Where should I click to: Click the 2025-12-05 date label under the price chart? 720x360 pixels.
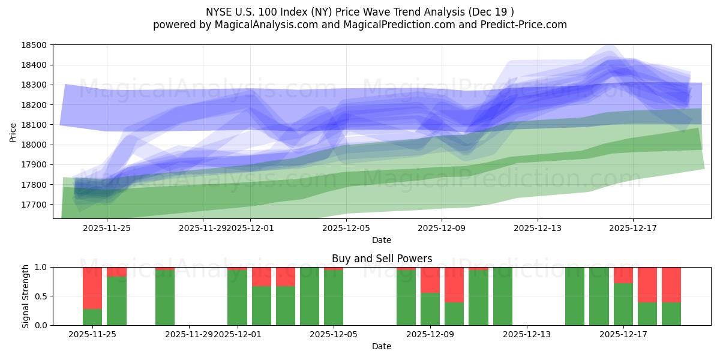pyautogui.click(x=346, y=228)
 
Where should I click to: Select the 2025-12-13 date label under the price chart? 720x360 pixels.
pyautogui.click(x=538, y=228)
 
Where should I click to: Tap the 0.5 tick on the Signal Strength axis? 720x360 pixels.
pyautogui.click(x=43, y=296)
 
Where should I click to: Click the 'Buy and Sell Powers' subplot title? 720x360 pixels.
pyautogui.click(x=382, y=259)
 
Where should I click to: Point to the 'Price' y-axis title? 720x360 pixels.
pyautogui.click(x=13, y=132)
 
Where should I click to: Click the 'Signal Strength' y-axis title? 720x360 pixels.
pyautogui.click(x=25, y=296)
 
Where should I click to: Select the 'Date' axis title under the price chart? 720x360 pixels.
pyautogui.click(x=382, y=240)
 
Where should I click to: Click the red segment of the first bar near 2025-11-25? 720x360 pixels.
pyautogui.click(x=92, y=288)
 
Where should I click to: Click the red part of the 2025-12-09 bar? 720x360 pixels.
pyautogui.click(x=430, y=280)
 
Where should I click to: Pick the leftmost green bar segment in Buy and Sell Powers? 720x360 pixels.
pyautogui.click(x=92, y=317)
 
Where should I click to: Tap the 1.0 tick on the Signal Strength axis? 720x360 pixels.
pyautogui.click(x=43, y=268)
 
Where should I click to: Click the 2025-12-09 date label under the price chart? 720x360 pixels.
pyautogui.click(x=442, y=228)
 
